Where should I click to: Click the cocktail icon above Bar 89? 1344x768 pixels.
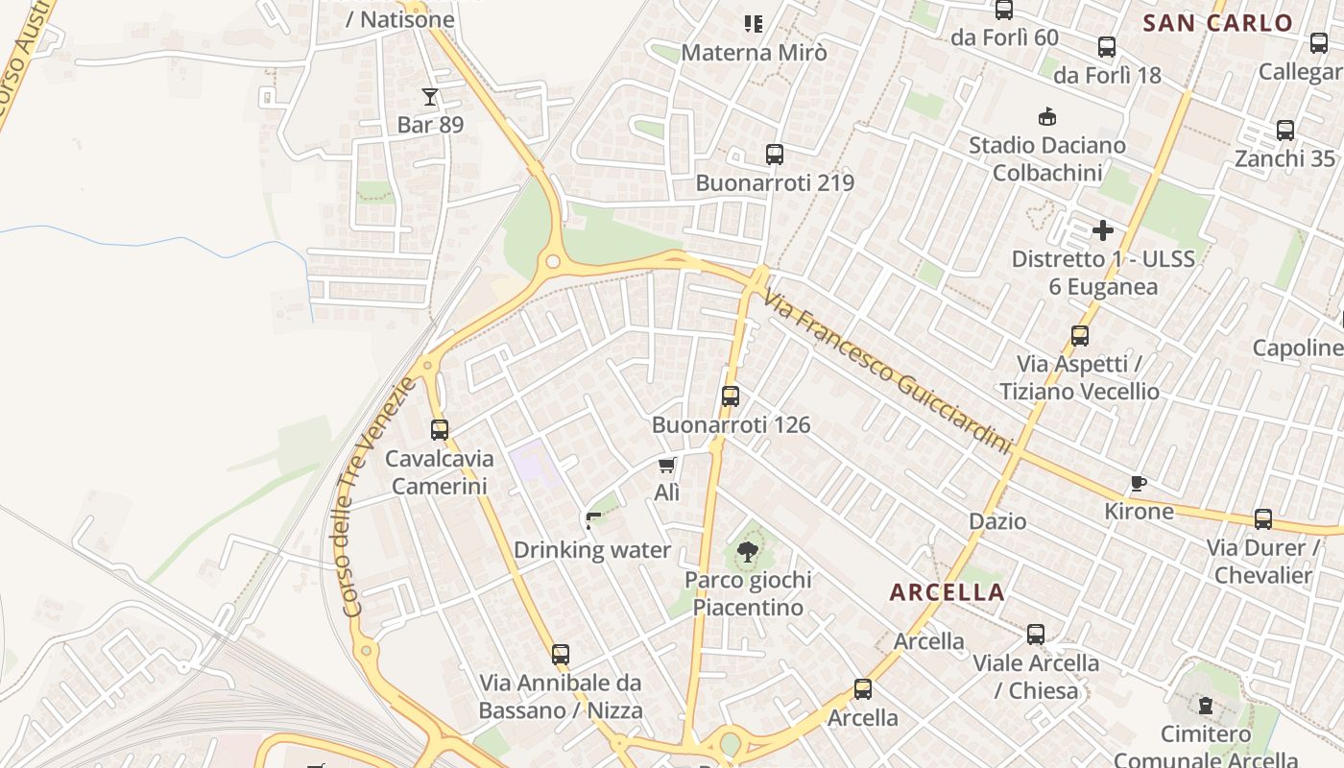429,97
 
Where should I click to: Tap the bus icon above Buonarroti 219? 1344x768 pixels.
774,155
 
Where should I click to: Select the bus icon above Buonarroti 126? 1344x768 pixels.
730,396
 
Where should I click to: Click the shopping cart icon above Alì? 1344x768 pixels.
667,466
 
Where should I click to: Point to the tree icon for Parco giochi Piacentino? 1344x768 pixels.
747,552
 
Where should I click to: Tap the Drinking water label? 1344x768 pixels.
592,550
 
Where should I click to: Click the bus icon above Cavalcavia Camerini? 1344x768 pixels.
440,430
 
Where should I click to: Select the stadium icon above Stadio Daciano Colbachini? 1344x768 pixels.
1047,117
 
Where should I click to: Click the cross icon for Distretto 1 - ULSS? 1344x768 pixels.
1103,230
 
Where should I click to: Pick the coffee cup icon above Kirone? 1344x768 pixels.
1139,483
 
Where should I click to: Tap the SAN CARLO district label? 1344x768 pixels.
1218,24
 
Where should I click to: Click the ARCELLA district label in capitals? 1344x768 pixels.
947,592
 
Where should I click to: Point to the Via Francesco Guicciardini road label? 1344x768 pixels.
888,374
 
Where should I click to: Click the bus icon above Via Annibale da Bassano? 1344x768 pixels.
561,655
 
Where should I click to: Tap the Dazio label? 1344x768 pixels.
997,521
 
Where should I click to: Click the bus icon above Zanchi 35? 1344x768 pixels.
1285,131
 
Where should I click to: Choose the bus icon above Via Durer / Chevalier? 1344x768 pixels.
1263,519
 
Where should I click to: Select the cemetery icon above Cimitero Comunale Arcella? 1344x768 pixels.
1206,707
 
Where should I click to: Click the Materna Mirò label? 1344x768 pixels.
754,53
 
